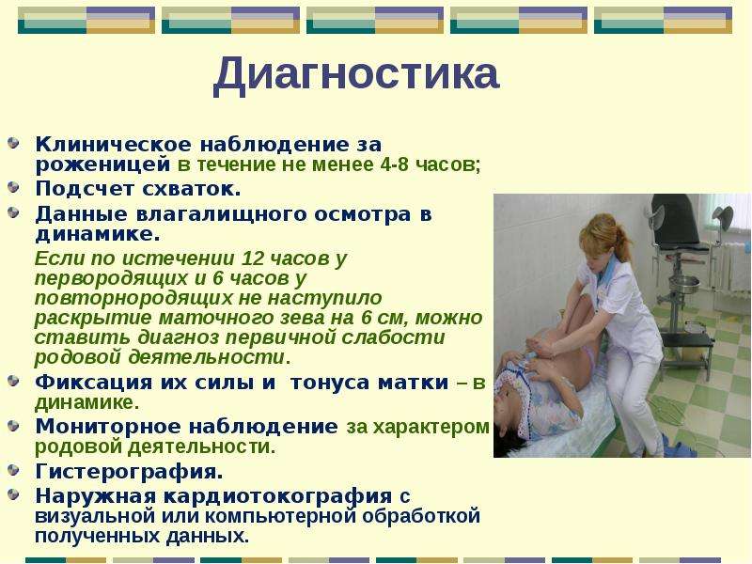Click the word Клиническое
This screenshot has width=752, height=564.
click(113, 144)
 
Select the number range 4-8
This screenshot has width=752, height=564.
click(395, 164)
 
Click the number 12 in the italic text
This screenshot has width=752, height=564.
click(253, 258)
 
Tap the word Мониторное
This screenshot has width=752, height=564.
click(107, 427)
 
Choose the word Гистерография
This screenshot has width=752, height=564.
click(129, 472)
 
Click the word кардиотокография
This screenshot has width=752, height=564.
click(277, 496)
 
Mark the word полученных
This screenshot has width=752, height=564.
click(97, 536)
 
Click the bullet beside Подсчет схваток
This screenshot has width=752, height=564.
click(13, 187)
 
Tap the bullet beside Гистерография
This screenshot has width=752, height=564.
click(13, 470)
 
